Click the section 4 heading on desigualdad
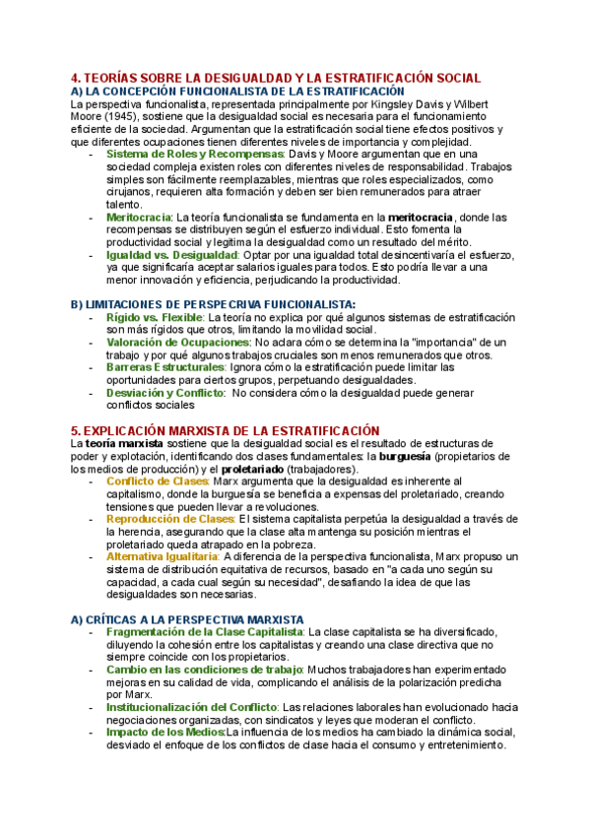pos(276,78)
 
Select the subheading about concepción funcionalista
pos(225,91)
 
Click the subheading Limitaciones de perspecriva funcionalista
pos(213,305)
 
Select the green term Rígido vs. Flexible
pos(153,318)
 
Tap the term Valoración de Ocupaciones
pos(177,343)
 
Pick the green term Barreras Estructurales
pos(165,367)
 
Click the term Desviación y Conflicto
pos(164,392)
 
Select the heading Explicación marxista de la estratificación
pos(226,430)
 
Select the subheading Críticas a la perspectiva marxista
pos(187,618)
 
